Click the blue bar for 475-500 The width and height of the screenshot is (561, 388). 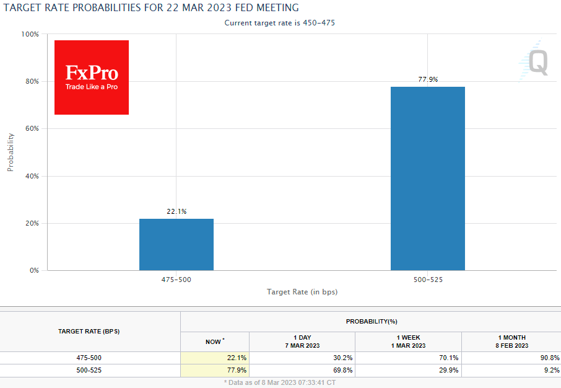coord(176,244)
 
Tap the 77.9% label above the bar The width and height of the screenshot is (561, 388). coord(428,79)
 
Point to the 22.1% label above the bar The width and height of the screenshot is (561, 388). coord(176,211)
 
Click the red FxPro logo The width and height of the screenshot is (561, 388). coord(92,77)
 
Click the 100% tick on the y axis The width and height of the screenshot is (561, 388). coord(30,34)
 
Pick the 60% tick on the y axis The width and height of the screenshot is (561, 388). coord(32,129)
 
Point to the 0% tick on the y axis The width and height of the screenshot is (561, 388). coord(34,271)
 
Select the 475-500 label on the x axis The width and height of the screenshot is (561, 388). coord(176,280)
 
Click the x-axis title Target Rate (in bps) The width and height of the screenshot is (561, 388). coord(302,291)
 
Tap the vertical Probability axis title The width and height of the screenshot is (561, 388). coord(11,152)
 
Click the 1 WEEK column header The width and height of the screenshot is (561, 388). coord(409,342)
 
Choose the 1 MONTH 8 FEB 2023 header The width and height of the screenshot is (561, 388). coord(511,342)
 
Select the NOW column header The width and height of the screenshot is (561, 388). coord(214,342)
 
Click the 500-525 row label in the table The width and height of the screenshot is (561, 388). coord(90,370)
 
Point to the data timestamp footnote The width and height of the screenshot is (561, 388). coord(280,383)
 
